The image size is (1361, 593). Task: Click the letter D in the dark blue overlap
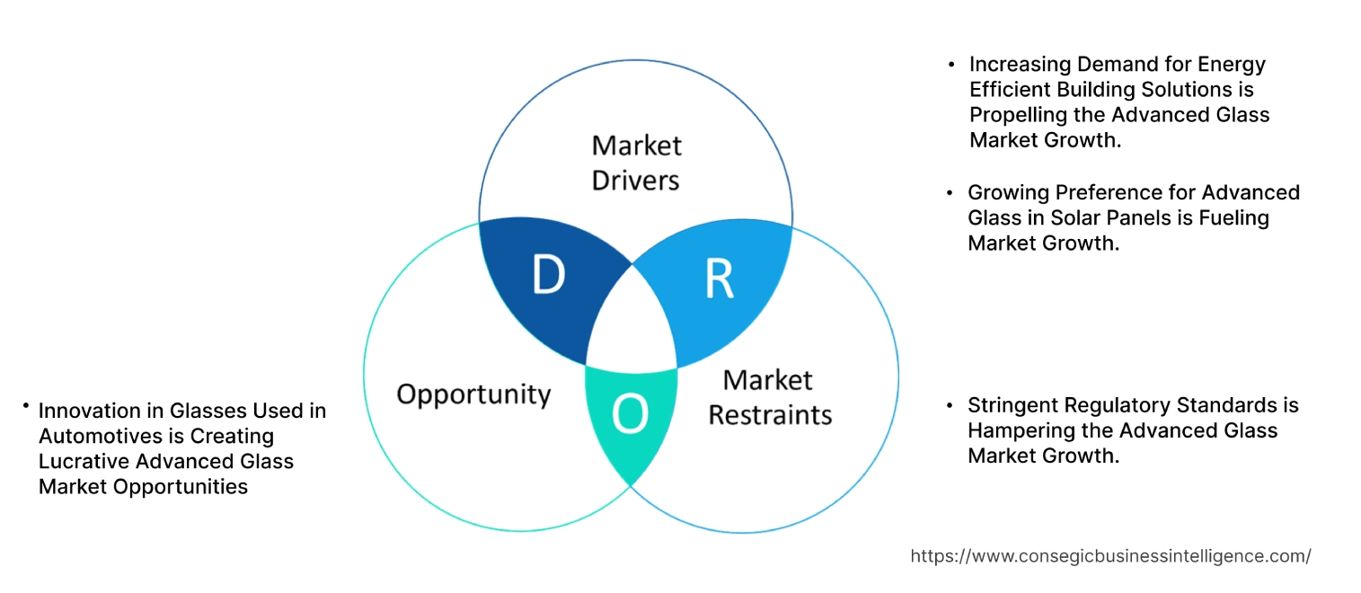pyautogui.click(x=548, y=276)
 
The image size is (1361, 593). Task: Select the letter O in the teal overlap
pyautogui.click(x=629, y=414)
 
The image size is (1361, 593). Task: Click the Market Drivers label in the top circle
pyautogui.click(x=636, y=163)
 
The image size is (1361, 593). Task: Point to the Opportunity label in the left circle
pyautogui.click(x=473, y=394)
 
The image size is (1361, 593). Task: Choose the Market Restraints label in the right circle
pyautogui.click(x=770, y=397)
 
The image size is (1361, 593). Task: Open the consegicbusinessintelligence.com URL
pyautogui.click(x=1110, y=556)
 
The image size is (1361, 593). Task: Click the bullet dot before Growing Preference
pyautogui.click(x=950, y=193)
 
